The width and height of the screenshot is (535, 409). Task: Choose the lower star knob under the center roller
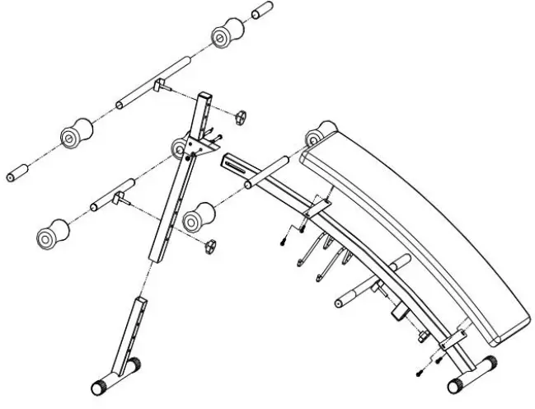pyautogui.click(x=211, y=247)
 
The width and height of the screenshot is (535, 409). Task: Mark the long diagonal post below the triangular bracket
pyautogui.click(x=174, y=206)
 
